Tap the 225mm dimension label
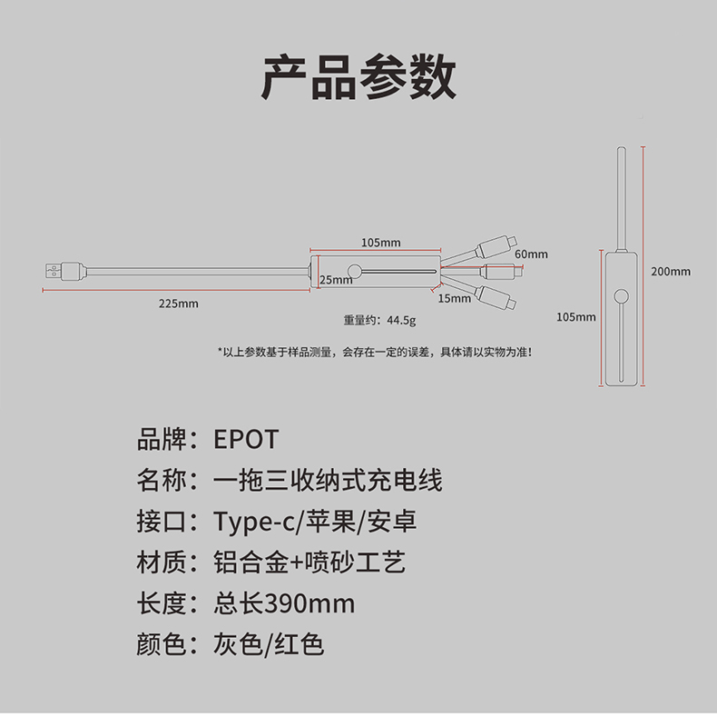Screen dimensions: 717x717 [x=178, y=304]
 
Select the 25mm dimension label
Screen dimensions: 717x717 [x=336, y=280]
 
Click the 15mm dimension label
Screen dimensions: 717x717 [x=455, y=298]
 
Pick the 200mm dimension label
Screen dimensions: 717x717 [x=670, y=271]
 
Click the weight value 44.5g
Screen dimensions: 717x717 [x=401, y=320]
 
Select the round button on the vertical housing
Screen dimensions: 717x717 [x=621, y=297]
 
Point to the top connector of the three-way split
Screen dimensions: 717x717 [x=498, y=243]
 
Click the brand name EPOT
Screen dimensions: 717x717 [x=246, y=440]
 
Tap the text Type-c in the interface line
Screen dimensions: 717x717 [x=256, y=523]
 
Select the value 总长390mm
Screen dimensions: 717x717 [x=284, y=603]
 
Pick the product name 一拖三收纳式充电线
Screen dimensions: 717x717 [x=328, y=481]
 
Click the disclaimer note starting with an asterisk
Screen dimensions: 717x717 [x=374, y=352]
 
